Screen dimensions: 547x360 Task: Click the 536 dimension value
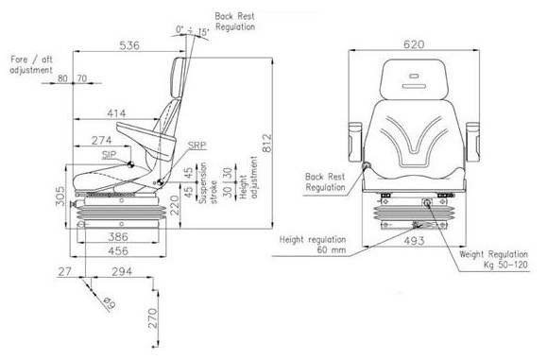(x=129, y=45)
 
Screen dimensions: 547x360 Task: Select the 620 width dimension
(x=414, y=44)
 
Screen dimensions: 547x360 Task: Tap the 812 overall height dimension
(x=266, y=143)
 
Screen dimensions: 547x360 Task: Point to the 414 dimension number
(x=116, y=113)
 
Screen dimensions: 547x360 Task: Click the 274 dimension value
(x=101, y=140)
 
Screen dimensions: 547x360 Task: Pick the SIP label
(x=109, y=155)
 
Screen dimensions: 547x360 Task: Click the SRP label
(x=197, y=146)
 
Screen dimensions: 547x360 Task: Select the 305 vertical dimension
(x=60, y=196)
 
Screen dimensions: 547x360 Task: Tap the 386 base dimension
(x=118, y=237)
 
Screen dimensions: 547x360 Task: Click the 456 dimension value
(x=118, y=250)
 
